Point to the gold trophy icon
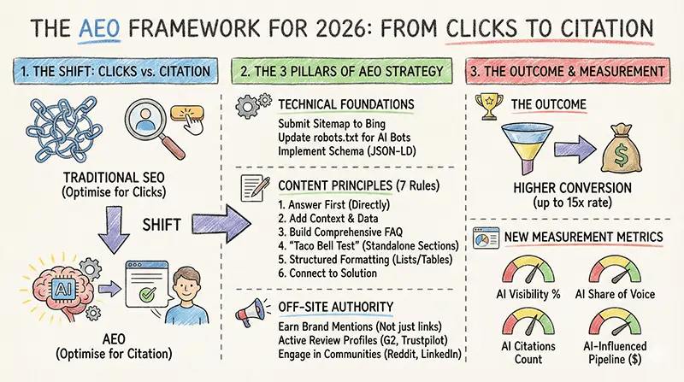click(491, 106)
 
